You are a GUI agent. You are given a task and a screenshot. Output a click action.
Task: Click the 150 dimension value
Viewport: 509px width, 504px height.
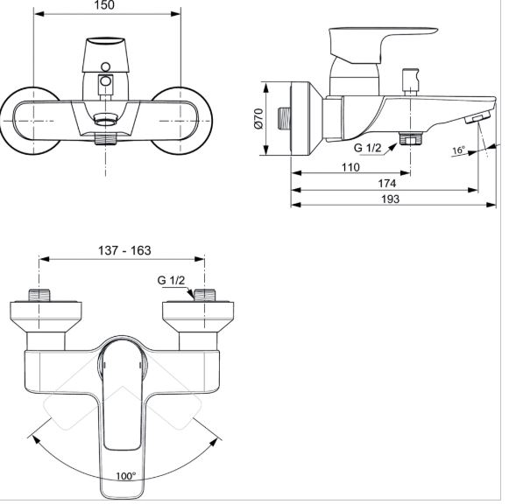104,5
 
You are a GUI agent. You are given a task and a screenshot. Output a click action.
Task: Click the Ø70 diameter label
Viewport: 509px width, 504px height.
259,119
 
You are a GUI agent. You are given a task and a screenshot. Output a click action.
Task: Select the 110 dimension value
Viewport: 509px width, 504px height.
351,167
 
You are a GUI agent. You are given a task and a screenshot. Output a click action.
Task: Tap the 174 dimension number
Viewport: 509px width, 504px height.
387,184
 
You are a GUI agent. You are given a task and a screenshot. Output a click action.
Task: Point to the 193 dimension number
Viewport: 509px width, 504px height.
390,199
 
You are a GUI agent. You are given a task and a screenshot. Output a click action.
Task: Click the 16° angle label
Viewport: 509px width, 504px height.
459,150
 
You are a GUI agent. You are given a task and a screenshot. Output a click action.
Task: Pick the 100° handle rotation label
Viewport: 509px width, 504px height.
126,476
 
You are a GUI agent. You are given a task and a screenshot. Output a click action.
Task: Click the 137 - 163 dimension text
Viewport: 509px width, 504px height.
124,250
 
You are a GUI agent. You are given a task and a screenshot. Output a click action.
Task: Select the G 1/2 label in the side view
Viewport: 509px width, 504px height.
367,148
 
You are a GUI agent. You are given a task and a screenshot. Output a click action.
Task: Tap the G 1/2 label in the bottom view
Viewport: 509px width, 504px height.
171,280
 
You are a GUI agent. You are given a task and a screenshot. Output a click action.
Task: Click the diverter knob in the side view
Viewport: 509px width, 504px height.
411,80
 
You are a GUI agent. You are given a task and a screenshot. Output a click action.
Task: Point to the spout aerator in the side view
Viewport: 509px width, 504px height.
477,117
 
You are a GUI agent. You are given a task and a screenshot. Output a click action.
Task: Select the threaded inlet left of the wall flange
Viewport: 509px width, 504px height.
284,119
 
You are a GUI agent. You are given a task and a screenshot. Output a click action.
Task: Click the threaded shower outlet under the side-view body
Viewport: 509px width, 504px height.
411,138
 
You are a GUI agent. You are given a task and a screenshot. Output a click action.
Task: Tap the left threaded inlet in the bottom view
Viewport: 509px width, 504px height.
39,295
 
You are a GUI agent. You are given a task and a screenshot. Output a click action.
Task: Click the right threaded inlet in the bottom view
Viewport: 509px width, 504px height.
204,295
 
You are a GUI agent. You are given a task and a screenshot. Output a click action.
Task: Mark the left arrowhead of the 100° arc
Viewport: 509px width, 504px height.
35,439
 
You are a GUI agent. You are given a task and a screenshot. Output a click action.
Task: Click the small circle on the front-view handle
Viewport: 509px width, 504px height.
105,67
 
